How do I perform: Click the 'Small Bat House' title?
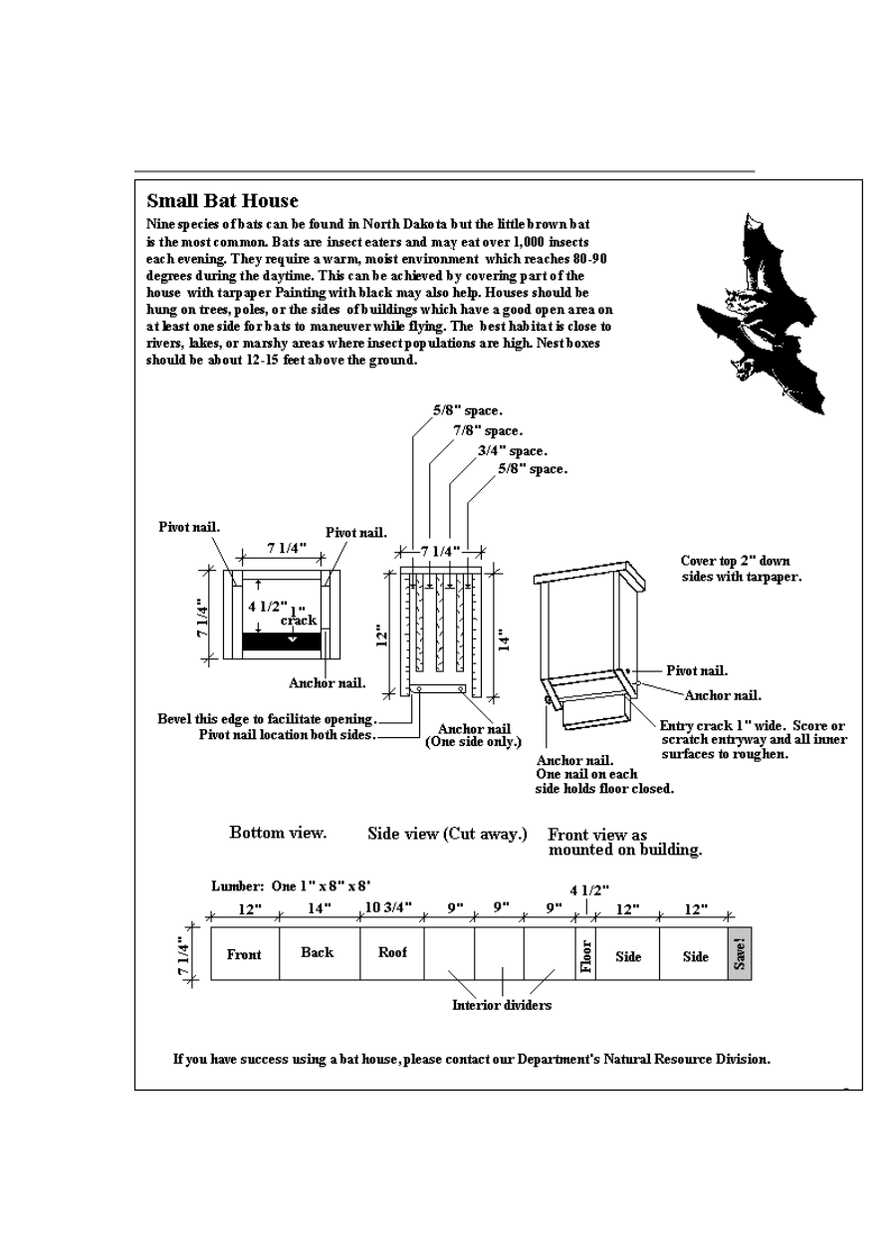[x=222, y=201]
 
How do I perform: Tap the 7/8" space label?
[x=488, y=430]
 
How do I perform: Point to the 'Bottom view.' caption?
[x=278, y=832]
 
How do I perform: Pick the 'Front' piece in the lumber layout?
[x=244, y=954]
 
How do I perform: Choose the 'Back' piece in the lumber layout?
[x=318, y=952]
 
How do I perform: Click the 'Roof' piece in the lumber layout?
[x=393, y=952]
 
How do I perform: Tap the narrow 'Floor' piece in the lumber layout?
[x=585, y=954]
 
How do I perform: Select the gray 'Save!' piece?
[x=739, y=954]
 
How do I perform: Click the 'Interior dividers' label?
[x=502, y=1005]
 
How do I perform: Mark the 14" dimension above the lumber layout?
[x=319, y=908]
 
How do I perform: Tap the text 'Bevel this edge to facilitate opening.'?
[x=267, y=719]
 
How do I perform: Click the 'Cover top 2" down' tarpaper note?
[x=736, y=561]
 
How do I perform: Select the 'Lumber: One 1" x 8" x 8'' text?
[x=278, y=885]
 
